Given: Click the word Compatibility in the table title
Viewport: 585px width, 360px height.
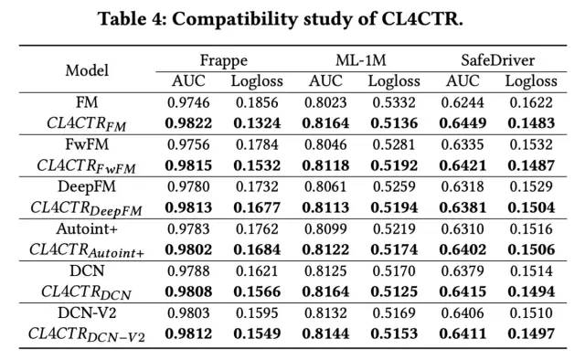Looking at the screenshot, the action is pyautogui.click(x=235, y=19).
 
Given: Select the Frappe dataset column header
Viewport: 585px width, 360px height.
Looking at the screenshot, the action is pyautogui.click(x=223, y=61).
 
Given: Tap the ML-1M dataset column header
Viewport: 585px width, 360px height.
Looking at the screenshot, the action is pyautogui.click(x=361, y=60).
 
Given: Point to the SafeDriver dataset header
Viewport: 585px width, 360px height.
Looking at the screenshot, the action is pyautogui.click(x=497, y=60).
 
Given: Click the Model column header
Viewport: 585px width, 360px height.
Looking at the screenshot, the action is pyautogui.click(x=87, y=70).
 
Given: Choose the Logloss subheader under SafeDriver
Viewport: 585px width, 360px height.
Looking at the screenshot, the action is pyautogui.click(x=531, y=81).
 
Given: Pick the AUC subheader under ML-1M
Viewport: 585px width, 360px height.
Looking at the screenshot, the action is pyautogui.click(x=325, y=81).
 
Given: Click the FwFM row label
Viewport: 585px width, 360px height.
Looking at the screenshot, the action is pyautogui.click(x=87, y=144).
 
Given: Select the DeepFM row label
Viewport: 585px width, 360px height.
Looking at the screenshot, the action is pyautogui.click(x=87, y=187).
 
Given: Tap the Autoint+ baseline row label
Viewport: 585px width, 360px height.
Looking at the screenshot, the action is pyautogui.click(x=87, y=228).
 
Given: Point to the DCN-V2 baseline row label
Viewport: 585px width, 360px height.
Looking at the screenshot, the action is pyautogui.click(x=87, y=312).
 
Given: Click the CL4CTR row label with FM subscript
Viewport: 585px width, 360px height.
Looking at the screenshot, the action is pyautogui.click(x=86, y=124).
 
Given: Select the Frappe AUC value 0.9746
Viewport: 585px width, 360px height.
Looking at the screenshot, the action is pyautogui.click(x=188, y=102).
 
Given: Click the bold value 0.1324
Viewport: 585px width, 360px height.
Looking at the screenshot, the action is pyautogui.click(x=257, y=123).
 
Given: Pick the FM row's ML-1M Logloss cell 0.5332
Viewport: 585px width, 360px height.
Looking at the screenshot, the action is pyautogui.click(x=394, y=102).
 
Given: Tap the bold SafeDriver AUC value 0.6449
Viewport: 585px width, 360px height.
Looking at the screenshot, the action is pyautogui.click(x=463, y=123).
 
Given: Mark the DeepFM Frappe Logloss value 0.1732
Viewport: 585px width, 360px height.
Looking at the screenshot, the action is pyautogui.click(x=257, y=186).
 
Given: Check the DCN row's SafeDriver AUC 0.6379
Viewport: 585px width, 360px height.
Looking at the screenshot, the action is pyautogui.click(x=463, y=270).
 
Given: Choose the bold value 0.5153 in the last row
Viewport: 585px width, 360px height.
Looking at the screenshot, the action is pyautogui.click(x=394, y=334).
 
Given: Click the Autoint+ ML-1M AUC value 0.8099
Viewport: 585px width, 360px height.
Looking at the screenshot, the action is pyautogui.click(x=325, y=228).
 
